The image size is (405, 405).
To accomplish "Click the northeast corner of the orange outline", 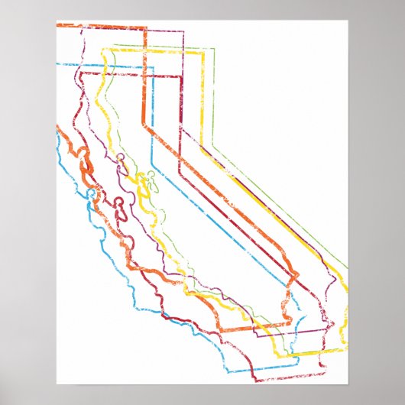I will (x=145, y=28).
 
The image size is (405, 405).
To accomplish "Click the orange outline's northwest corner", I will (x=57, y=25).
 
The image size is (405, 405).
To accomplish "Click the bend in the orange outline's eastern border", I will (x=144, y=122).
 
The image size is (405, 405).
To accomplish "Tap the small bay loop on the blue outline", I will (x=92, y=194).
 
